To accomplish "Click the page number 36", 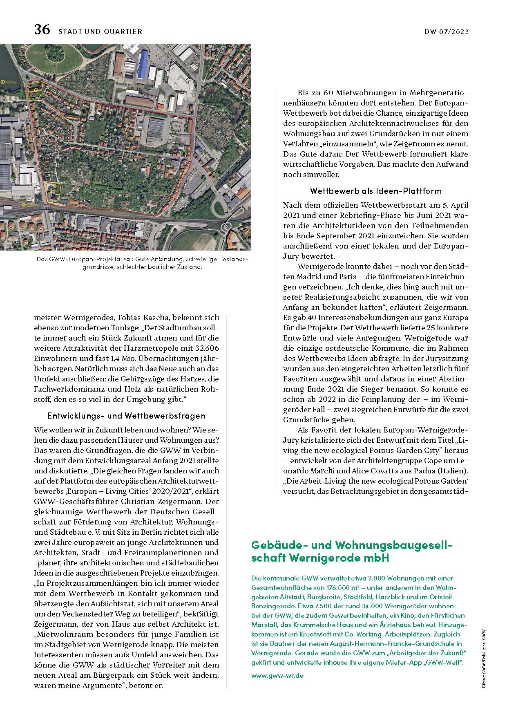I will coord(42,30).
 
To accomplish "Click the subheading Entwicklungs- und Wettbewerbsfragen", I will coord(127,416).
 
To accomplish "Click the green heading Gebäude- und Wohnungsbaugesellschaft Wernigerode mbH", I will coord(353,551).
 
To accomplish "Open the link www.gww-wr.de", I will coord(277,676).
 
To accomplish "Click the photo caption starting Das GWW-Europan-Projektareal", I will coord(142,263).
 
